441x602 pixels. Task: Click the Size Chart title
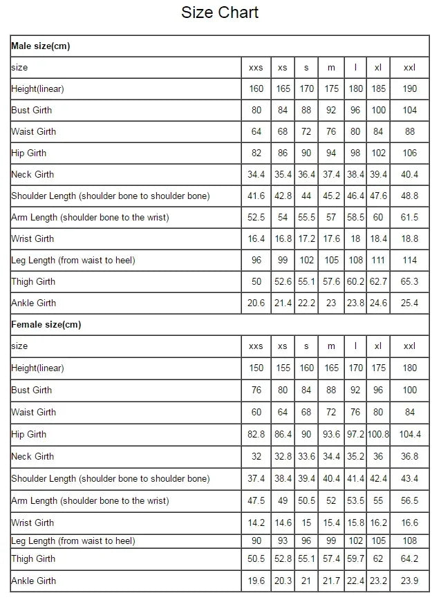click(x=220, y=12)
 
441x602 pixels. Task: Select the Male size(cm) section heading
click(x=41, y=46)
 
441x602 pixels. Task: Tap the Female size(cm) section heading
click(x=46, y=324)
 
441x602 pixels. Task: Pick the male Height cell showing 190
click(x=410, y=89)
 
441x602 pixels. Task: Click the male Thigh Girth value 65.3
click(x=410, y=282)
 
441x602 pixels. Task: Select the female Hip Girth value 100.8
click(x=378, y=435)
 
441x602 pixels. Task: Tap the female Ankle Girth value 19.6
click(x=256, y=581)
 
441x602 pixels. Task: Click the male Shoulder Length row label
click(x=111, y=196)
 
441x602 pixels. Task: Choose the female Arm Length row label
click(x=90, y=500)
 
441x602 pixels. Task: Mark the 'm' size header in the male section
click(x=331, y=68)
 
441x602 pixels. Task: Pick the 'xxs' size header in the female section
click(x=256, y=346)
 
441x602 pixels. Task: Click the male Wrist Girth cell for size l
click(x=355, y=239)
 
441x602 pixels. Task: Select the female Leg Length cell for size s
click(x=306, y=541)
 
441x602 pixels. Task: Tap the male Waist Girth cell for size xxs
click(x=256, y=132)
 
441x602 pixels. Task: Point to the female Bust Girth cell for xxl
click(x=410, y=391)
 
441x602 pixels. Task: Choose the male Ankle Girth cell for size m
click(x=331, y=303)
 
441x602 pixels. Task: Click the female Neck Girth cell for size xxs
click(x=256, y=457)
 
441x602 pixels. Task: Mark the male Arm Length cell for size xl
click(x=378, y=218)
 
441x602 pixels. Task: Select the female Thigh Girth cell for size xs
click(x=283, y=559)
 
